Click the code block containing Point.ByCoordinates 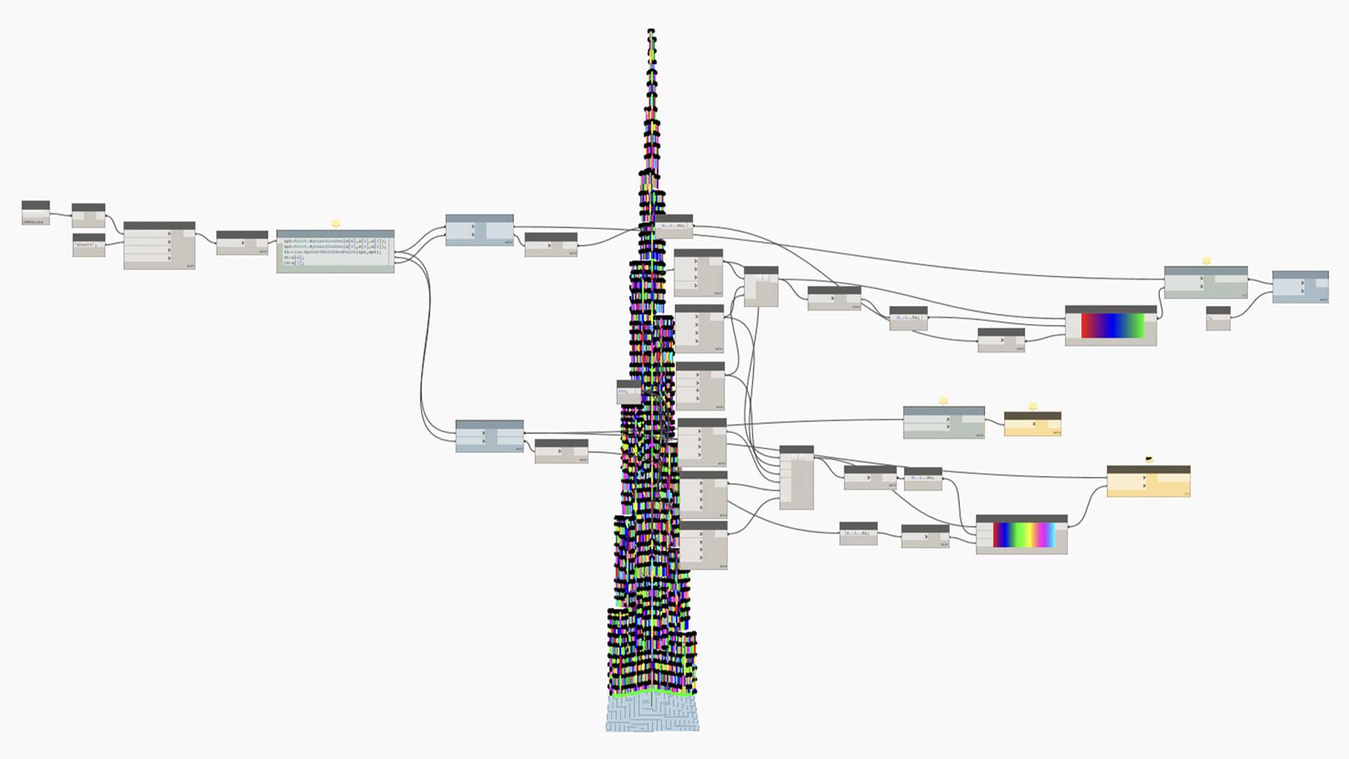pyautogui.click(x=334, y=252)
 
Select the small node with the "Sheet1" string pyautogui.click(x=89, y=245)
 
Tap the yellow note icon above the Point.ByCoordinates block pyautogui.click(x=336, y=223)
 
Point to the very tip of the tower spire pyautogui.click(x=651, y=30)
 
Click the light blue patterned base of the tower pyautogui.click(x=652, y=714)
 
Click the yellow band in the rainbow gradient pyautogui.click(x=1033, y=535)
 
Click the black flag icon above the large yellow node pyautogui.click(x=1149, y=459)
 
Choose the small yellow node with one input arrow pyautogui.click(x=1032, y=424)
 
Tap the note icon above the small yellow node pyautogui.click(x=1032, y=406)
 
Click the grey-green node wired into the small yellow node pyautogui.click(x=943, y=423)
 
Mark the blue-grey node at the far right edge pyautogui.click(x=1300, y=287)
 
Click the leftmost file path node pyautogui.click(x=36, y=213)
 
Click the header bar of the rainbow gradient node pyautogui.click(x=1021, y=519)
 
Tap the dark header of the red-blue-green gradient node pyautogui.click(x=1110, y=309)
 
